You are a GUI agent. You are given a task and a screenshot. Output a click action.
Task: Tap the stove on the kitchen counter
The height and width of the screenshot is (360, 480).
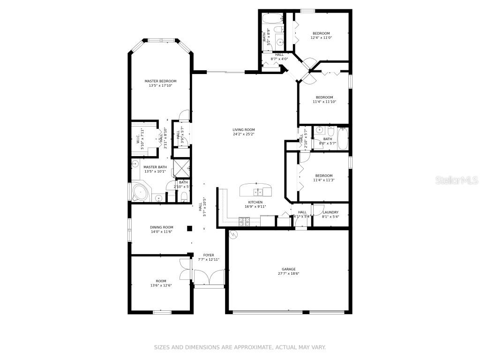tap(244, 219)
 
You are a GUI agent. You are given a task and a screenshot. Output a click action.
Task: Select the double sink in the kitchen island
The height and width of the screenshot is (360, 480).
tap(257, 191)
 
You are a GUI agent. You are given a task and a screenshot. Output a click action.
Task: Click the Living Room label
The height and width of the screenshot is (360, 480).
tap(243, 130)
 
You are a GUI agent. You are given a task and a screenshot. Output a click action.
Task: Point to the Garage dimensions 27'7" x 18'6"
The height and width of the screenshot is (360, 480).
tap(288, 274)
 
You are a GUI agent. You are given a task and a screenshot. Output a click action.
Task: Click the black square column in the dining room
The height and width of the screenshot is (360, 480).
tap(190, 228)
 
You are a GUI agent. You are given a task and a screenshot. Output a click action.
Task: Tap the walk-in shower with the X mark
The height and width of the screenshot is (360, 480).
tap(180, 167)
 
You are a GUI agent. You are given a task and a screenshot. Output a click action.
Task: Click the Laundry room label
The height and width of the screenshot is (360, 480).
tap(330, 212)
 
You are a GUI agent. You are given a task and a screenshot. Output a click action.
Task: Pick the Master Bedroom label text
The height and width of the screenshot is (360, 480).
tap(160, 81)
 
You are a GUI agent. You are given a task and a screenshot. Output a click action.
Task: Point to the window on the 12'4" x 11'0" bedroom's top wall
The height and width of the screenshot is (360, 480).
tap(307, 11)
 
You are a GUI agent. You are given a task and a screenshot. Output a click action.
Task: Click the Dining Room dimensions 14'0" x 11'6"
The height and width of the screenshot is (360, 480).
tap(161, 232)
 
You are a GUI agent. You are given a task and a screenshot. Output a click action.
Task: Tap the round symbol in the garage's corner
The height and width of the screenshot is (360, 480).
tap(233, 234)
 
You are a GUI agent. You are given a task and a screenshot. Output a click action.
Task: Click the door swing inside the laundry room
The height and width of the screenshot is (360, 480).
tap(318, 210)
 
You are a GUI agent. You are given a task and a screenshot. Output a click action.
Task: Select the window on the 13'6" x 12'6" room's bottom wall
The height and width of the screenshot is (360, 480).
tap(162, 312)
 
